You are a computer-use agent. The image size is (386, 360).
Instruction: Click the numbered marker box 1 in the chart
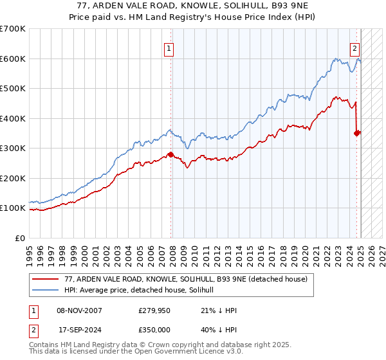pyautogui.click(x=169, y=48)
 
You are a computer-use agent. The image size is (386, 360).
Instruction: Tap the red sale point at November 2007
pyautogui.click(x=170, y=154)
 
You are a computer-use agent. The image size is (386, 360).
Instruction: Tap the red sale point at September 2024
pyautogui.click(x=357, y=133)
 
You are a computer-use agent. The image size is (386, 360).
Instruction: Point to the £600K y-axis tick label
pyautogui.click(x=13, y=59)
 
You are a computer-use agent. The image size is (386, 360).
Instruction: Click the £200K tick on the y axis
pyautogui.click(x=13, y=178)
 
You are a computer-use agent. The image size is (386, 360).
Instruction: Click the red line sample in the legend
pyautogui.click(x=46, y=279)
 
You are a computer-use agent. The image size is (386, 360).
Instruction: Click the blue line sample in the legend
pyautogui.click(x=46, y=290)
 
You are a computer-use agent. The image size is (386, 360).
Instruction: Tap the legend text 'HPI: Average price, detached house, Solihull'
pyautogui.click(x=143, y=290)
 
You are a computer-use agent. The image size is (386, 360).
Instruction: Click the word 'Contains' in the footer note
pyautogui.click(x=46, y=345)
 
